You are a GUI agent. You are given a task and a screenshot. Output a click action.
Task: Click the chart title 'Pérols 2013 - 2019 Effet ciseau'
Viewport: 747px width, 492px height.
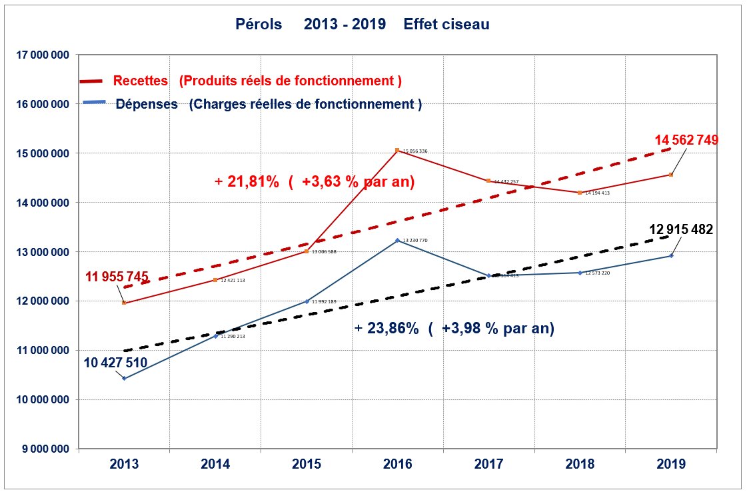click(x=363, y=25)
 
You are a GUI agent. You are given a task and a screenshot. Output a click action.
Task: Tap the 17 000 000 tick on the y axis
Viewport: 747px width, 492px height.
click(x=42, y=55)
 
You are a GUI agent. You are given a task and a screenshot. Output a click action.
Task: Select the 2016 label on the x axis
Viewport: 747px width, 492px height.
click(x=397, y=465)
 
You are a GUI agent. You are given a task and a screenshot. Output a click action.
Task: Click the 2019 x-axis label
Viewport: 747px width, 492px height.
click(x=670, y=465)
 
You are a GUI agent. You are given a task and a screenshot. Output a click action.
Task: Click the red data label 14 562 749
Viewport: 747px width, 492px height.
click(x=686, y=140)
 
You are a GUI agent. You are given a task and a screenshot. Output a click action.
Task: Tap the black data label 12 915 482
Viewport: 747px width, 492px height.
click(x=681, y=229)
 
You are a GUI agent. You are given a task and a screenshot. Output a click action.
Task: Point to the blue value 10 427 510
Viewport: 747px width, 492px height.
click(x=115, y=363)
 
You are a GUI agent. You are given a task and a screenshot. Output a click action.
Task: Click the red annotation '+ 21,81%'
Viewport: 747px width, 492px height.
click(x=247, y=181)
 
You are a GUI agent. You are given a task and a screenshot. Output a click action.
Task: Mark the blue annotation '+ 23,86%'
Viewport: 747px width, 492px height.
click(x=386, y=329)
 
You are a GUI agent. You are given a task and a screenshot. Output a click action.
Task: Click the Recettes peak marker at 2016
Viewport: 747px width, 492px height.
click(x=397, y=150)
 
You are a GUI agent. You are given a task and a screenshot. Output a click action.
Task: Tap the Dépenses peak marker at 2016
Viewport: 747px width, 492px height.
click(x=397, y=240)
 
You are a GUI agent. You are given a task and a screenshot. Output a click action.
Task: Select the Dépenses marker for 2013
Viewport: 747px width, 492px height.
click(x=124, y=378)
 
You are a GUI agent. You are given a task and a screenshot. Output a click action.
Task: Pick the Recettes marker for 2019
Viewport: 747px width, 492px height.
click(x=670, y=175)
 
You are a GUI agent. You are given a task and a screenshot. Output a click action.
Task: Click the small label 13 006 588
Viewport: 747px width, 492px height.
click(x=324, y=252)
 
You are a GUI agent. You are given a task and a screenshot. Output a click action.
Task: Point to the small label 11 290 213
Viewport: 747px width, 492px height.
click(x=233, y=337)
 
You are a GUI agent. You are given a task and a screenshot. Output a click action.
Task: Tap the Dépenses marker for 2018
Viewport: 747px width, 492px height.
click(x=580, y=273)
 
